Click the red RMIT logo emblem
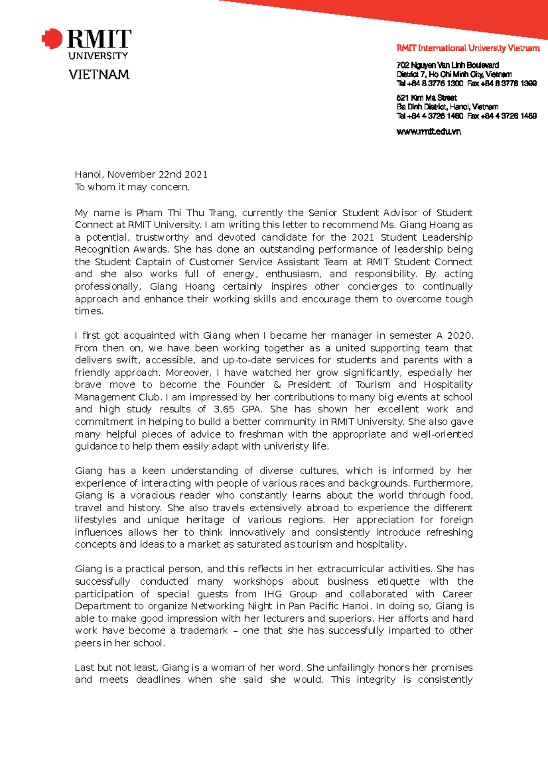pos(52,39)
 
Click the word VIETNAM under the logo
pos(99,74)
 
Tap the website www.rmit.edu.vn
pos(428,131)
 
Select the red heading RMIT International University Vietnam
pos(468,48)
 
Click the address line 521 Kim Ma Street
pos(427,98)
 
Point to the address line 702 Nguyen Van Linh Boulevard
pos(448,65)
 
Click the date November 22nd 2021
pos(157,174)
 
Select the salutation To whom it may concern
pos(132,187)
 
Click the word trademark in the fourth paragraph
pos(204,631)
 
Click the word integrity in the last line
pos(376,680)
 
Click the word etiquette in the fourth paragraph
pos(398,581)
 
